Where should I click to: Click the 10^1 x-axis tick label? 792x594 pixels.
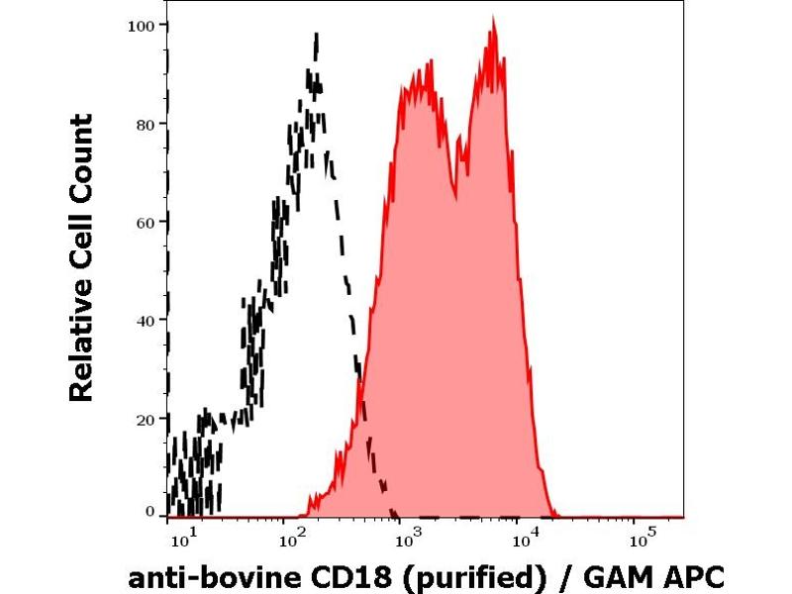click(181, 540)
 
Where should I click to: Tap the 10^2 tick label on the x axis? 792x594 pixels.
click(293, 540)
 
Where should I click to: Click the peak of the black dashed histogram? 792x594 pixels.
click(316, 37)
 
